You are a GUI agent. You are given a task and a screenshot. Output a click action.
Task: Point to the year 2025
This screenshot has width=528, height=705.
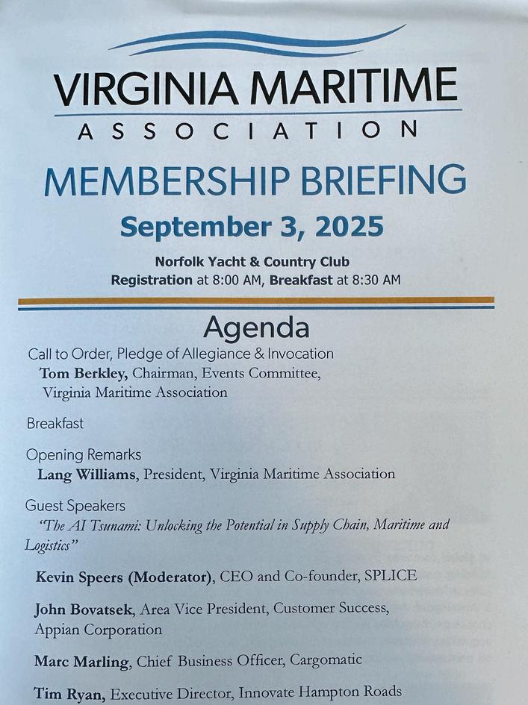point(350,225)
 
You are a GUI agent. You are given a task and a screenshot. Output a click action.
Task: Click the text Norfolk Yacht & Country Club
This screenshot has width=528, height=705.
point(252,262)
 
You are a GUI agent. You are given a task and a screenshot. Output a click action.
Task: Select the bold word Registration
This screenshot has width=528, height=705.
point(151,280)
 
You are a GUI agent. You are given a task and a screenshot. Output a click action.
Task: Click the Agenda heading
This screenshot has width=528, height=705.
point(256,327)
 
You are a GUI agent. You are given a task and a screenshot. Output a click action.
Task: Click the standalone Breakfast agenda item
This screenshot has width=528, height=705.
point(55,423)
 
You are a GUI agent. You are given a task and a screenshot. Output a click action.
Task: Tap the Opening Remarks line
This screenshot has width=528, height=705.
point(84,454)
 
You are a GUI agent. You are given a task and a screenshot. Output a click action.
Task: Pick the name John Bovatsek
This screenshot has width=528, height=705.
point(84,609)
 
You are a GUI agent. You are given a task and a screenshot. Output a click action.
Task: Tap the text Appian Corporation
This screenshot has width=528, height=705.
point(98,629)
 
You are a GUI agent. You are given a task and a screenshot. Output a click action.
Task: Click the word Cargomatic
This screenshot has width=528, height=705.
point(326,659)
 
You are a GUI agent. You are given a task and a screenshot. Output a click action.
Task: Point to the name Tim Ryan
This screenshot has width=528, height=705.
point(70,693)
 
